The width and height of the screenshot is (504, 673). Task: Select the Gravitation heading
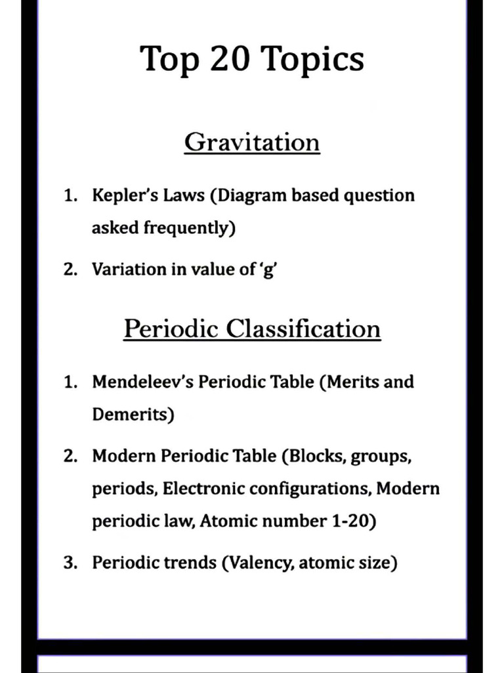[x=252, y=142]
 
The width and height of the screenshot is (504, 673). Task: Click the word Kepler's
[x=122, y=196]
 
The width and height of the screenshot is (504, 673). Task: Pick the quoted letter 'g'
[x=268, y=270]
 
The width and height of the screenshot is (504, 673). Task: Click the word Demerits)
[x=133, y=415]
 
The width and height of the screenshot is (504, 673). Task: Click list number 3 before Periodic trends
[x=70, y=563]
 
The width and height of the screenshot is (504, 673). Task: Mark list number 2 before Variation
[x=70, y=269]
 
